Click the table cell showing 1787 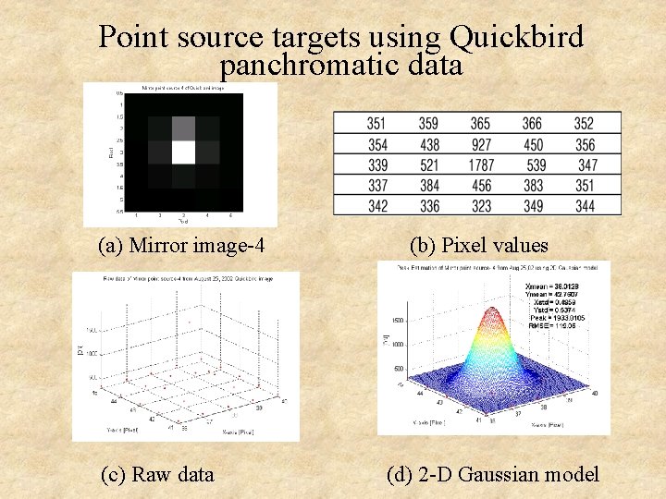(480, 165)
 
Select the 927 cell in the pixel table (480, 145)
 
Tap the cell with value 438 (428, 145)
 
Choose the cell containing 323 (480, 206)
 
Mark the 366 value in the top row (532, 124)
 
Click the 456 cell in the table (480, 186)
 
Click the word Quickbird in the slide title (516, 38)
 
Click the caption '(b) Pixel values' (479, 246)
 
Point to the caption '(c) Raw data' (157, 475)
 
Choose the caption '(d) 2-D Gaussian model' (492, 475)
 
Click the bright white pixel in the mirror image (183, 152)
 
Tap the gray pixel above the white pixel (183, 128)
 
